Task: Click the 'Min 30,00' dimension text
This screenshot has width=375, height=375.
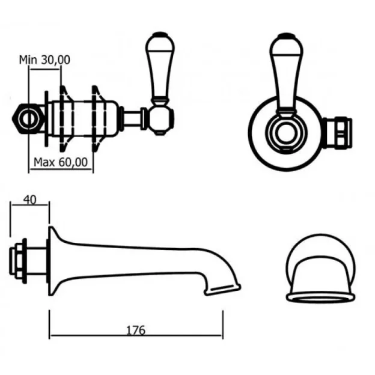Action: [45, 59]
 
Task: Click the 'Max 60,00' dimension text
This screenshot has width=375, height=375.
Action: [61, 162]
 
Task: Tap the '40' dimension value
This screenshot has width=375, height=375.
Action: [28, 199]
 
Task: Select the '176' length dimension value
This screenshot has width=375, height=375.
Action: [136, 330]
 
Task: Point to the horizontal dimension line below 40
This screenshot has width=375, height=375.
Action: [28, 206]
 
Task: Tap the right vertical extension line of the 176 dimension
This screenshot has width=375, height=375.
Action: [223, 325]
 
